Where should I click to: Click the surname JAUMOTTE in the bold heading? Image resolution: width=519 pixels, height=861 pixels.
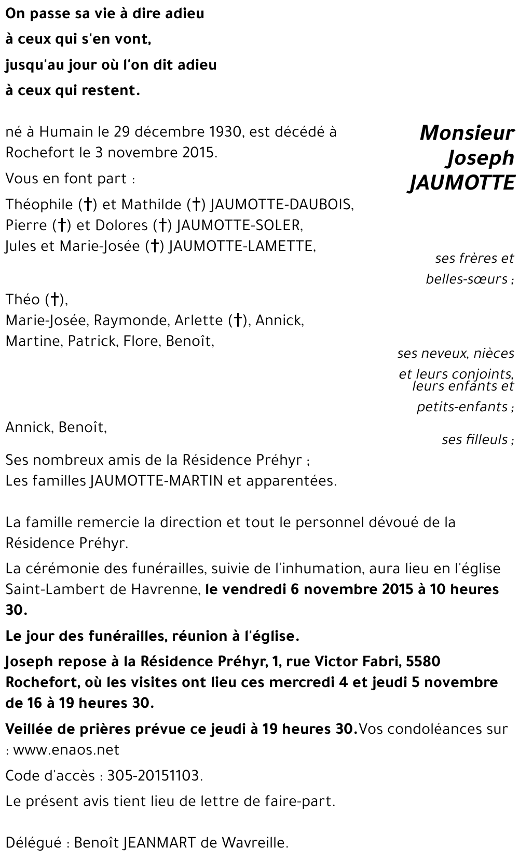[x=461, y=183]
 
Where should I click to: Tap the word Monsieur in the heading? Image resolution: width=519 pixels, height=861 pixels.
[x=467, y=133]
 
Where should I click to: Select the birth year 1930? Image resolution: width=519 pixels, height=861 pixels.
[x=224, y=132]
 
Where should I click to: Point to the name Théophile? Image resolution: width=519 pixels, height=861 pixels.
[x=40, y=205]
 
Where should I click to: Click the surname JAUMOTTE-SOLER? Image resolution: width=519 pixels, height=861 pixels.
[x=238, y=225]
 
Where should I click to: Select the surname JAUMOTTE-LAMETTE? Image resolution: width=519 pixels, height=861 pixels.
[x=241, y=246]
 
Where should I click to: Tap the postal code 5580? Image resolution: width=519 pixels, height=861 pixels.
[x=424, y=662]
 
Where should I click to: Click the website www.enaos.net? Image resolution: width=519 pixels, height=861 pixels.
[x=66, y=750]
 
